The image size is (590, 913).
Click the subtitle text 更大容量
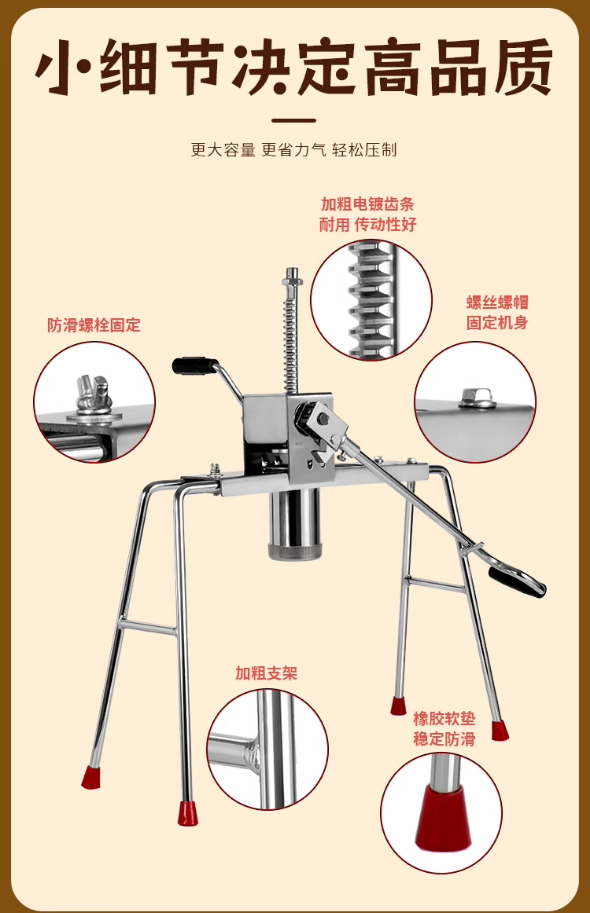[223, 150]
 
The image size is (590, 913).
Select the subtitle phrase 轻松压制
[364, 150]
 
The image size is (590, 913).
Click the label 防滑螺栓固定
[94, 325]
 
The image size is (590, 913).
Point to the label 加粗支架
[266, 673]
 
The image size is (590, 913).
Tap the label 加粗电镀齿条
[367, 204]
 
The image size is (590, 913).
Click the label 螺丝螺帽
[497, 302]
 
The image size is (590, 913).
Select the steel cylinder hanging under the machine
[294, 524]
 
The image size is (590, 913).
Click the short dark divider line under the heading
[294, 121]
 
